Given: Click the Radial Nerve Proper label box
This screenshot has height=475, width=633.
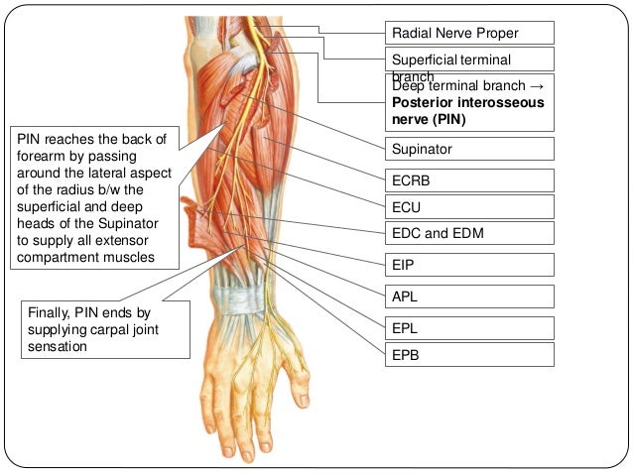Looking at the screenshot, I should coord(468,34).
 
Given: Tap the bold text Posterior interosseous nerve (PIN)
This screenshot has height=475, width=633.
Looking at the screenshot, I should coord(467,111).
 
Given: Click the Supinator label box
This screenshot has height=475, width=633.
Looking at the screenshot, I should coord(468,149).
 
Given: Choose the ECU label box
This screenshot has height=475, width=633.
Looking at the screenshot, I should coord(468,207).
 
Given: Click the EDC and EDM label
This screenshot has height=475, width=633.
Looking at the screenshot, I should coord(468,234).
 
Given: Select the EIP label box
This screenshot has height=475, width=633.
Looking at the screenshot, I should coord(468,265).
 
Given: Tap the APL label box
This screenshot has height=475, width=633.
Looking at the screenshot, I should coord(468,295).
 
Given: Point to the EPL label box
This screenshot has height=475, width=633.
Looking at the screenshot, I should coord(468,324).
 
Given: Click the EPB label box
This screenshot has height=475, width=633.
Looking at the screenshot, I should coord(468,352).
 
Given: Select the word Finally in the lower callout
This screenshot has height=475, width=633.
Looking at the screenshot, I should coord(49,314).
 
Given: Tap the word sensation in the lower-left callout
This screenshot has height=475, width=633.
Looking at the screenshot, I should coord(58,348).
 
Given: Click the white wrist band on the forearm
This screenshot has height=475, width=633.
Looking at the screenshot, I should coord(233,297).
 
